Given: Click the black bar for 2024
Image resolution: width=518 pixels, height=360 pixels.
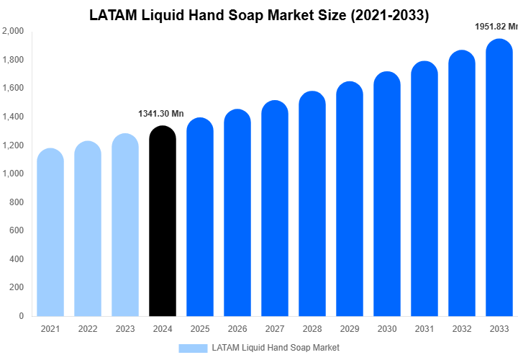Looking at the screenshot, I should click(x=162, y=223).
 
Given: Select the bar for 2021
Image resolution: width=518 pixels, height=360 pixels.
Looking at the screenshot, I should click(x=50, y=234).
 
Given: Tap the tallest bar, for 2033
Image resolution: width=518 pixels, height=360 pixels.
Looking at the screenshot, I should click(x=499, y=180).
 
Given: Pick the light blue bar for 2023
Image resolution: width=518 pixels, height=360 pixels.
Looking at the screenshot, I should click(x=125, y=227).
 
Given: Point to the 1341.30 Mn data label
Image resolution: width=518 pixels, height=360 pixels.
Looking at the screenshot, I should click(x=161, y=114).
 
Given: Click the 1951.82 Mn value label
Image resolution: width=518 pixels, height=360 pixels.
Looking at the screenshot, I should click(x=496, y=27).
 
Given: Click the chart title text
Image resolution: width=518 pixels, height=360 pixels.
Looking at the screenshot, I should click(x=259, y=15).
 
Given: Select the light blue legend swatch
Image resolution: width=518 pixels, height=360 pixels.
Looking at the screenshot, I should click(x=192, y=348).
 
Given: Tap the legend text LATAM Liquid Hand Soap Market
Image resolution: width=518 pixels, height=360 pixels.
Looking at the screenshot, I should click(x=276, y=348).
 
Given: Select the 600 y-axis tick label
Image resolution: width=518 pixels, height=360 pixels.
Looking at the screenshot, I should click(x=16, y=230).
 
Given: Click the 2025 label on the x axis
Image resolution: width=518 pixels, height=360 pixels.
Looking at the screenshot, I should click(x=200, y=329).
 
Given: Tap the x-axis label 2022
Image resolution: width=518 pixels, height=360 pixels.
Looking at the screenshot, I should click(x=88, y=329).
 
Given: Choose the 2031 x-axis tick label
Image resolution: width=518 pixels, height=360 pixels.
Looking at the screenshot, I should click(x=424, y=329).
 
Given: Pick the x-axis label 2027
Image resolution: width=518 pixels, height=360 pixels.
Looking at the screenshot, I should click(x=275, y=329).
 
